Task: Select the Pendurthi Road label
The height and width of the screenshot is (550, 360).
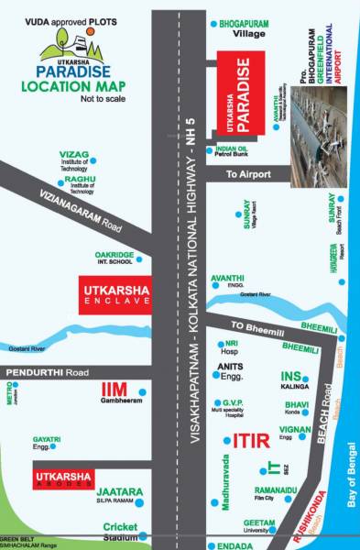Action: (x=46, y=372)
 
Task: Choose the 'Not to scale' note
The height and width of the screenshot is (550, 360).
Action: (x=99, y=97)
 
